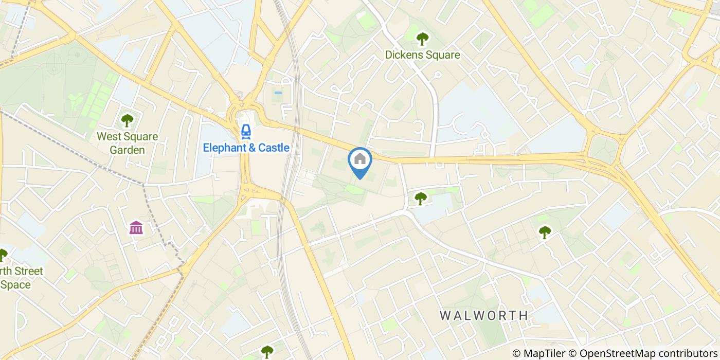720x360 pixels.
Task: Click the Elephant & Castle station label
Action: pos(246,148)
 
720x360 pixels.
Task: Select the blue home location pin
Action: pos(360,161)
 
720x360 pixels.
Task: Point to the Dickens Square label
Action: pos(423,55)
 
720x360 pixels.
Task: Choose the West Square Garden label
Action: pos(128,143)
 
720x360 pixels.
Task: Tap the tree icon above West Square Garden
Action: pos(127,121)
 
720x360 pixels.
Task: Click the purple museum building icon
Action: pos(136,227)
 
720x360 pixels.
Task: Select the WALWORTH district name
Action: pos(484,315)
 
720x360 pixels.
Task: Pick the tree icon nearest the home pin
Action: pos(421,197)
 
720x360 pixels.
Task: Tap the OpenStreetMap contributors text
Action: pos(648,353)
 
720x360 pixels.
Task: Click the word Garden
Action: pos(128,150)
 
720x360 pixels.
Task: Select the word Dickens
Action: pos(405,55)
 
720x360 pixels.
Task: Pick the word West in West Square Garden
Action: pos(108,137)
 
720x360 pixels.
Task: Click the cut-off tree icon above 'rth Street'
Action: pos(3,255)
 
